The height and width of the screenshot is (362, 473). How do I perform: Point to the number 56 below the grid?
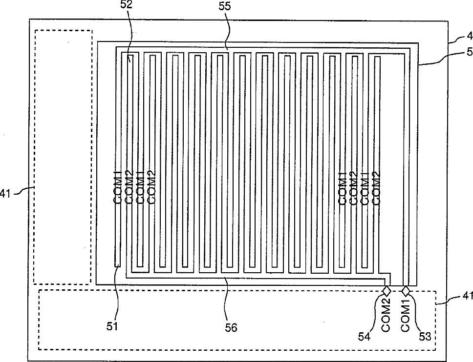point(231,327)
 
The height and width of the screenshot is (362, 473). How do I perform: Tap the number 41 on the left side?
point(5,193)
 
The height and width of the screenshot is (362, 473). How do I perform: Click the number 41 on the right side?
point(468,296)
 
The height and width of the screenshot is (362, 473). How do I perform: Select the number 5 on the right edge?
point(469,52)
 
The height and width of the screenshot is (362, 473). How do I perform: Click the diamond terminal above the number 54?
point(387,291)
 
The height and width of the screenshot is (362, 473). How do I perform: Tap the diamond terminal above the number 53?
point(406,291)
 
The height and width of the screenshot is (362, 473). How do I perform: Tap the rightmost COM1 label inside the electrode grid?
point(364,187)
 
